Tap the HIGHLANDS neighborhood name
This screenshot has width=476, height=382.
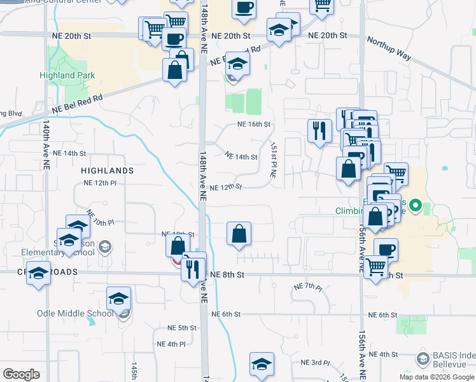(x=108, y=171)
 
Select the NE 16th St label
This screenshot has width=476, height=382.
(x=254, y=125)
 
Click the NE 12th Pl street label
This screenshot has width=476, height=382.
(x=100, y=183)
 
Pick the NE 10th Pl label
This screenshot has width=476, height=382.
(x=100, y=218)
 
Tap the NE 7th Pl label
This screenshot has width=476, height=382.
(x=309, y=287)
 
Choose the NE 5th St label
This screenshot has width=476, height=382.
(x=182, y=328)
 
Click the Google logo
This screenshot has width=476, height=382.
(x=21, y=374)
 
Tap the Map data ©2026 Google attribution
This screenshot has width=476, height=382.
(x=437, y=377)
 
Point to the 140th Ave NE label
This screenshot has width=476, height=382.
(x=46, y=150)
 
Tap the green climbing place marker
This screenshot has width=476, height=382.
(x=416, y=205)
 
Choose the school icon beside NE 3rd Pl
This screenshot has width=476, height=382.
(x=262, y=364)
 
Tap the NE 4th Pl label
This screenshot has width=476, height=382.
(x=171, y=344)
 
